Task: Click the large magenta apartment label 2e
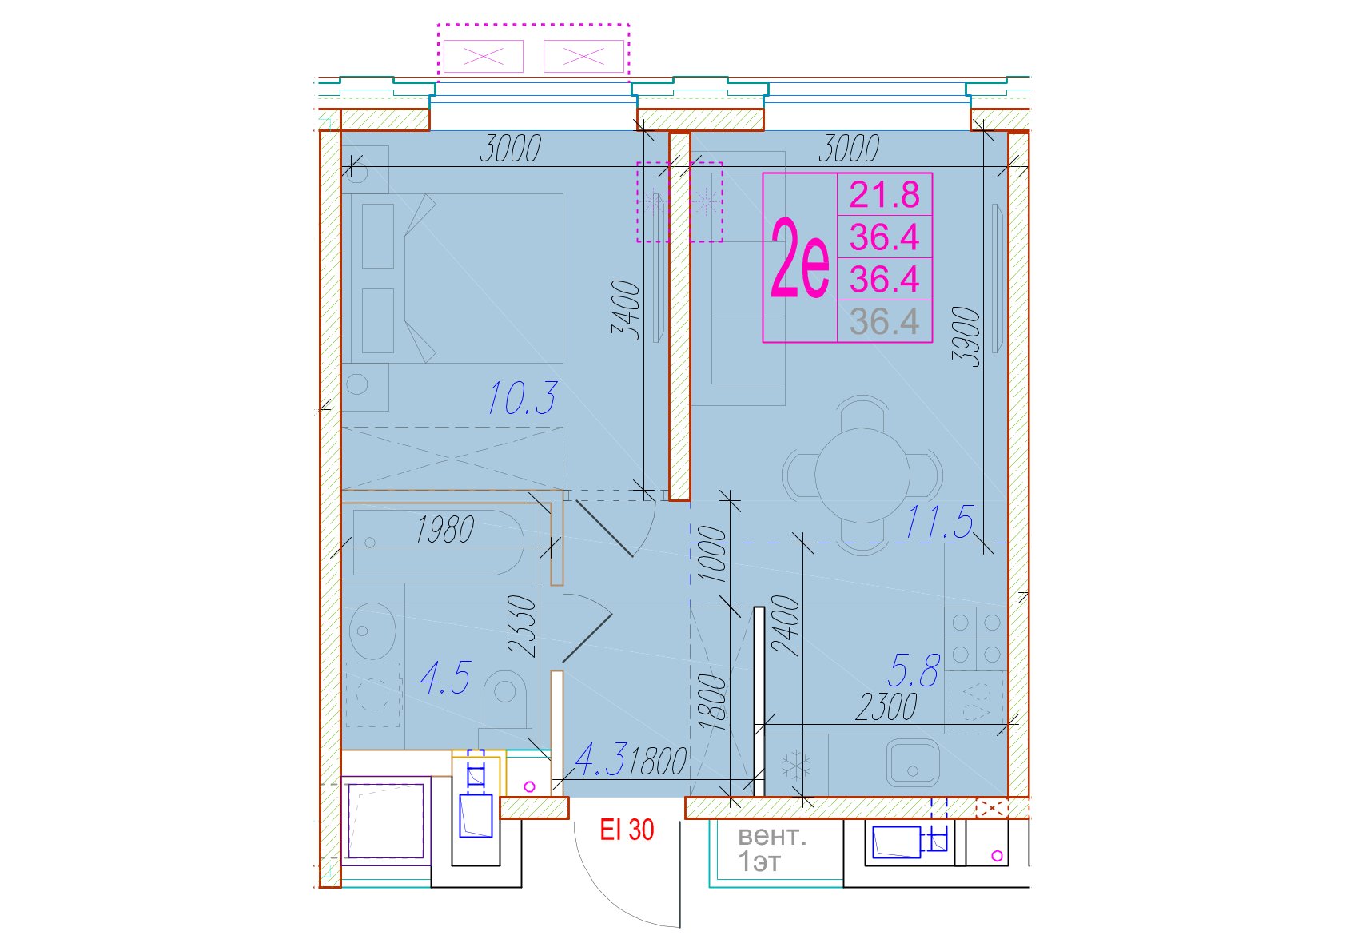pos(800,257)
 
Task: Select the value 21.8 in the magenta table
pos(884,195)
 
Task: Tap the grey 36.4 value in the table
pos(884,321)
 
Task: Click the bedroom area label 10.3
pos(522,398)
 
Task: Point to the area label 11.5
pos(938,522)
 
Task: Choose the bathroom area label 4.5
pos(445,678)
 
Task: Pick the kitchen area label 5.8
pos(914,670)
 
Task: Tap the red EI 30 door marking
pos(627,830)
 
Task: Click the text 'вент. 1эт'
pos(771,850)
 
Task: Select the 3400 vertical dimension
pos(626,310)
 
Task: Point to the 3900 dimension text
pos(966,336)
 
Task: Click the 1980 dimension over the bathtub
pos(444,530)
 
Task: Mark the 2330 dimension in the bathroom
pos(521,626)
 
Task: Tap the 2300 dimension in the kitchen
pos(886,707)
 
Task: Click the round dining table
pos(862,475)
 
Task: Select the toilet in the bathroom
pos(505,709)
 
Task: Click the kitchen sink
pos(913,762)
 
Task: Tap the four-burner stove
pos(976,638)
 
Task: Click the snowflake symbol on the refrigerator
pos(796,766)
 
